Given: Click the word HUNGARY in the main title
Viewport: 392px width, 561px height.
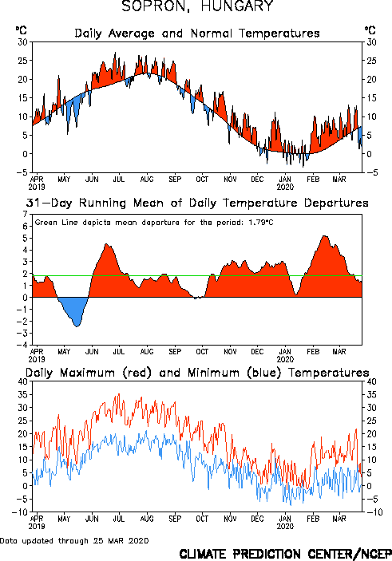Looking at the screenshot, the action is click(237, 6).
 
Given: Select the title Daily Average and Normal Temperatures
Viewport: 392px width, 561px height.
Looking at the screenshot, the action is click(197, 34).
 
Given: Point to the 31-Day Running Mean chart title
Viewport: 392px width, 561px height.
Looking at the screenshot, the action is click(197, 203).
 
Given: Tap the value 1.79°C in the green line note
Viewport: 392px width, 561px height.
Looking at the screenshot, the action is click(261, 223).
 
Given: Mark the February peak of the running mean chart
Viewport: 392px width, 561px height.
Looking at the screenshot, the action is click(324, 236).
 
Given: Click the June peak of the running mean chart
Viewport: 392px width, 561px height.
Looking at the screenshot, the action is click(106, 245).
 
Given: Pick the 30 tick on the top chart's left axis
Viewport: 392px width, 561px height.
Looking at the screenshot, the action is click(22, 41).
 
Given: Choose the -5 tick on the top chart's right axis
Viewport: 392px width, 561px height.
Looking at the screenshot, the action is click(371, 172).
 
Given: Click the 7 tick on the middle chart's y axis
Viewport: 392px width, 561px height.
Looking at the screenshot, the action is click(25, 215).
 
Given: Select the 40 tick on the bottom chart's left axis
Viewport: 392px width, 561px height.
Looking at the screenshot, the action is click(22, 381).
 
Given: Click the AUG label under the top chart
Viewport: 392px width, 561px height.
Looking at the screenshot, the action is click(147, 180).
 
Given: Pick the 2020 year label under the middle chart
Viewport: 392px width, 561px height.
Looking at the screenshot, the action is click(285, 359).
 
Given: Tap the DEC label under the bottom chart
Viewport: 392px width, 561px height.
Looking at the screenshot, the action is click(257, 519).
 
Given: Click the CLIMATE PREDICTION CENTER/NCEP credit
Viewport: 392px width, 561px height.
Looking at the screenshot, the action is click(285, 554).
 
